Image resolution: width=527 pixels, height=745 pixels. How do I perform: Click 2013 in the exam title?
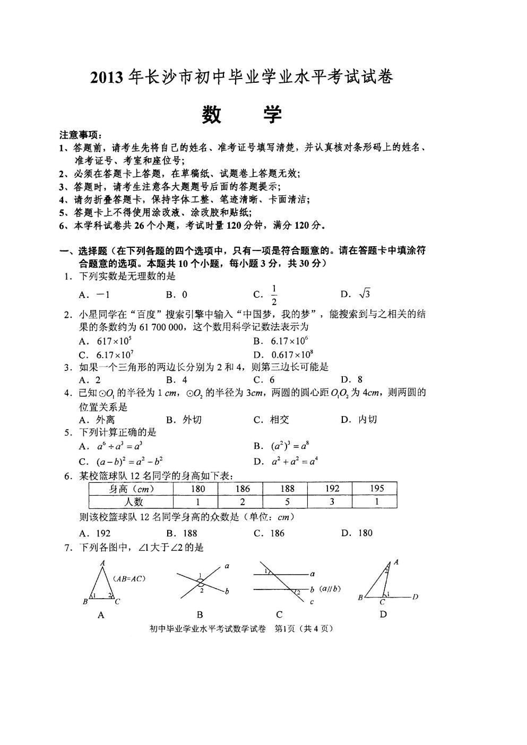pos(107,78)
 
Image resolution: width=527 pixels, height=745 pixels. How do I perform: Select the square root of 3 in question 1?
pos(364,293)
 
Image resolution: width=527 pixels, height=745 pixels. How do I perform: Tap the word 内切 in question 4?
pos(367,420)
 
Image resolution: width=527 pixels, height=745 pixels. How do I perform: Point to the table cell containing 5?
pos(287,501)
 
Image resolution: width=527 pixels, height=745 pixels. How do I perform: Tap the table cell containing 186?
pos(242,489)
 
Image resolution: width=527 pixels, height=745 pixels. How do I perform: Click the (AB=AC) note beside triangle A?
pos(129,578)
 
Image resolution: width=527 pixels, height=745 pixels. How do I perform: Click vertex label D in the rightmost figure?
pos(416,597)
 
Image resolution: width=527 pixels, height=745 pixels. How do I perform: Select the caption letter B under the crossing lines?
pos(200,615)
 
